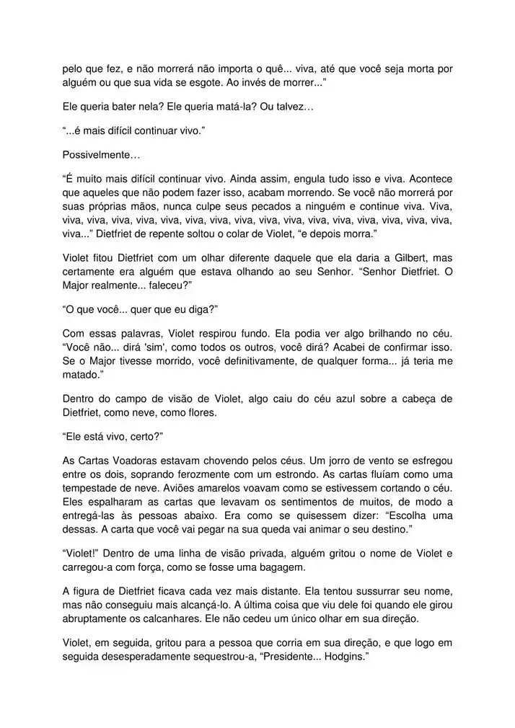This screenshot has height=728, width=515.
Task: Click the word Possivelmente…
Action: [101, 155]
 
